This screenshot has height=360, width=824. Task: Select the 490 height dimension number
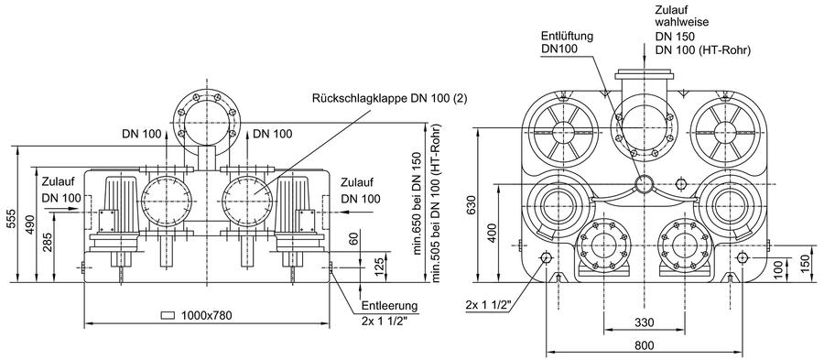pos(30,225)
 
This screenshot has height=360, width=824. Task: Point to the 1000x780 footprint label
pos(206,315)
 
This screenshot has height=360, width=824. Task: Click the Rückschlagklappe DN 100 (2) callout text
pos(389,98)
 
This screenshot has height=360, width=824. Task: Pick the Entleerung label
pos(389,305)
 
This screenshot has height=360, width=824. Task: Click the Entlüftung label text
pos(567,37)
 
